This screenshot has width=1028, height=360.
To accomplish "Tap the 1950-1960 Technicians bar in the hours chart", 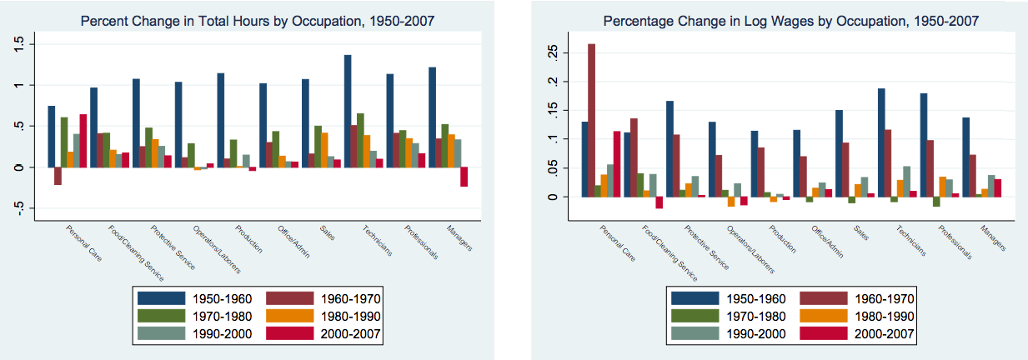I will [x=348, y=111].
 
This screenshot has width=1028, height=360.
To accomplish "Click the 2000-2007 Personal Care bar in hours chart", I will [x=83, y=140].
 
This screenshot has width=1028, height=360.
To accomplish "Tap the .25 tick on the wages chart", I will [x=548, y=52].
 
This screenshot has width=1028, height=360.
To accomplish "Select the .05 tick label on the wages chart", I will [x=548, y=168].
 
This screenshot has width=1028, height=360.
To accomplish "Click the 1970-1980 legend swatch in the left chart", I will [x=159, y=316].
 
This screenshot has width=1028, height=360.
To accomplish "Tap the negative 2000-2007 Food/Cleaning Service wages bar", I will [x=659, y=202].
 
